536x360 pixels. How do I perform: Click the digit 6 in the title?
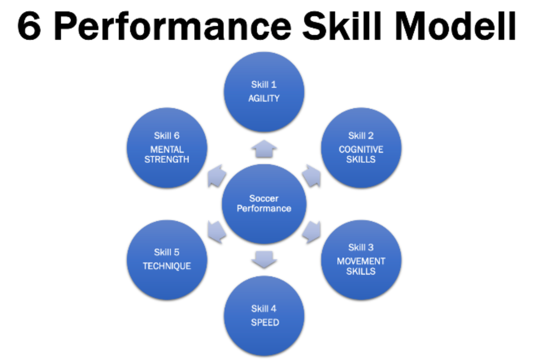point(29,26)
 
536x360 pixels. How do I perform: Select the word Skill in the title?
point(346,26)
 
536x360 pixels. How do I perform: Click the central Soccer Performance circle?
point(264,203)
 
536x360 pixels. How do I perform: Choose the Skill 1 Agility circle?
point(264,92)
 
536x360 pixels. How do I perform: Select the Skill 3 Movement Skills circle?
point(361,260)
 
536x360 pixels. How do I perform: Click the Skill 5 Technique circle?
point(167,260)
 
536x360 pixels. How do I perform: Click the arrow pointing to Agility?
point(264,149)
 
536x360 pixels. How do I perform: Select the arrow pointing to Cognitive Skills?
point(311,176)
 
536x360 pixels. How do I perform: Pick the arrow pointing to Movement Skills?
point(312,232)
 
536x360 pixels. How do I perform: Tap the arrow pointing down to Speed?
point(264,259)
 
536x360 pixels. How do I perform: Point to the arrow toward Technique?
point(216,232)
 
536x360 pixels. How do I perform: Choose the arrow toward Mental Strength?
point(216,176)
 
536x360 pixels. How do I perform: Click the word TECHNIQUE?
point(167,266)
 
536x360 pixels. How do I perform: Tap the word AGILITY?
point(264,98)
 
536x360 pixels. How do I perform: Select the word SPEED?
point(265,322)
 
